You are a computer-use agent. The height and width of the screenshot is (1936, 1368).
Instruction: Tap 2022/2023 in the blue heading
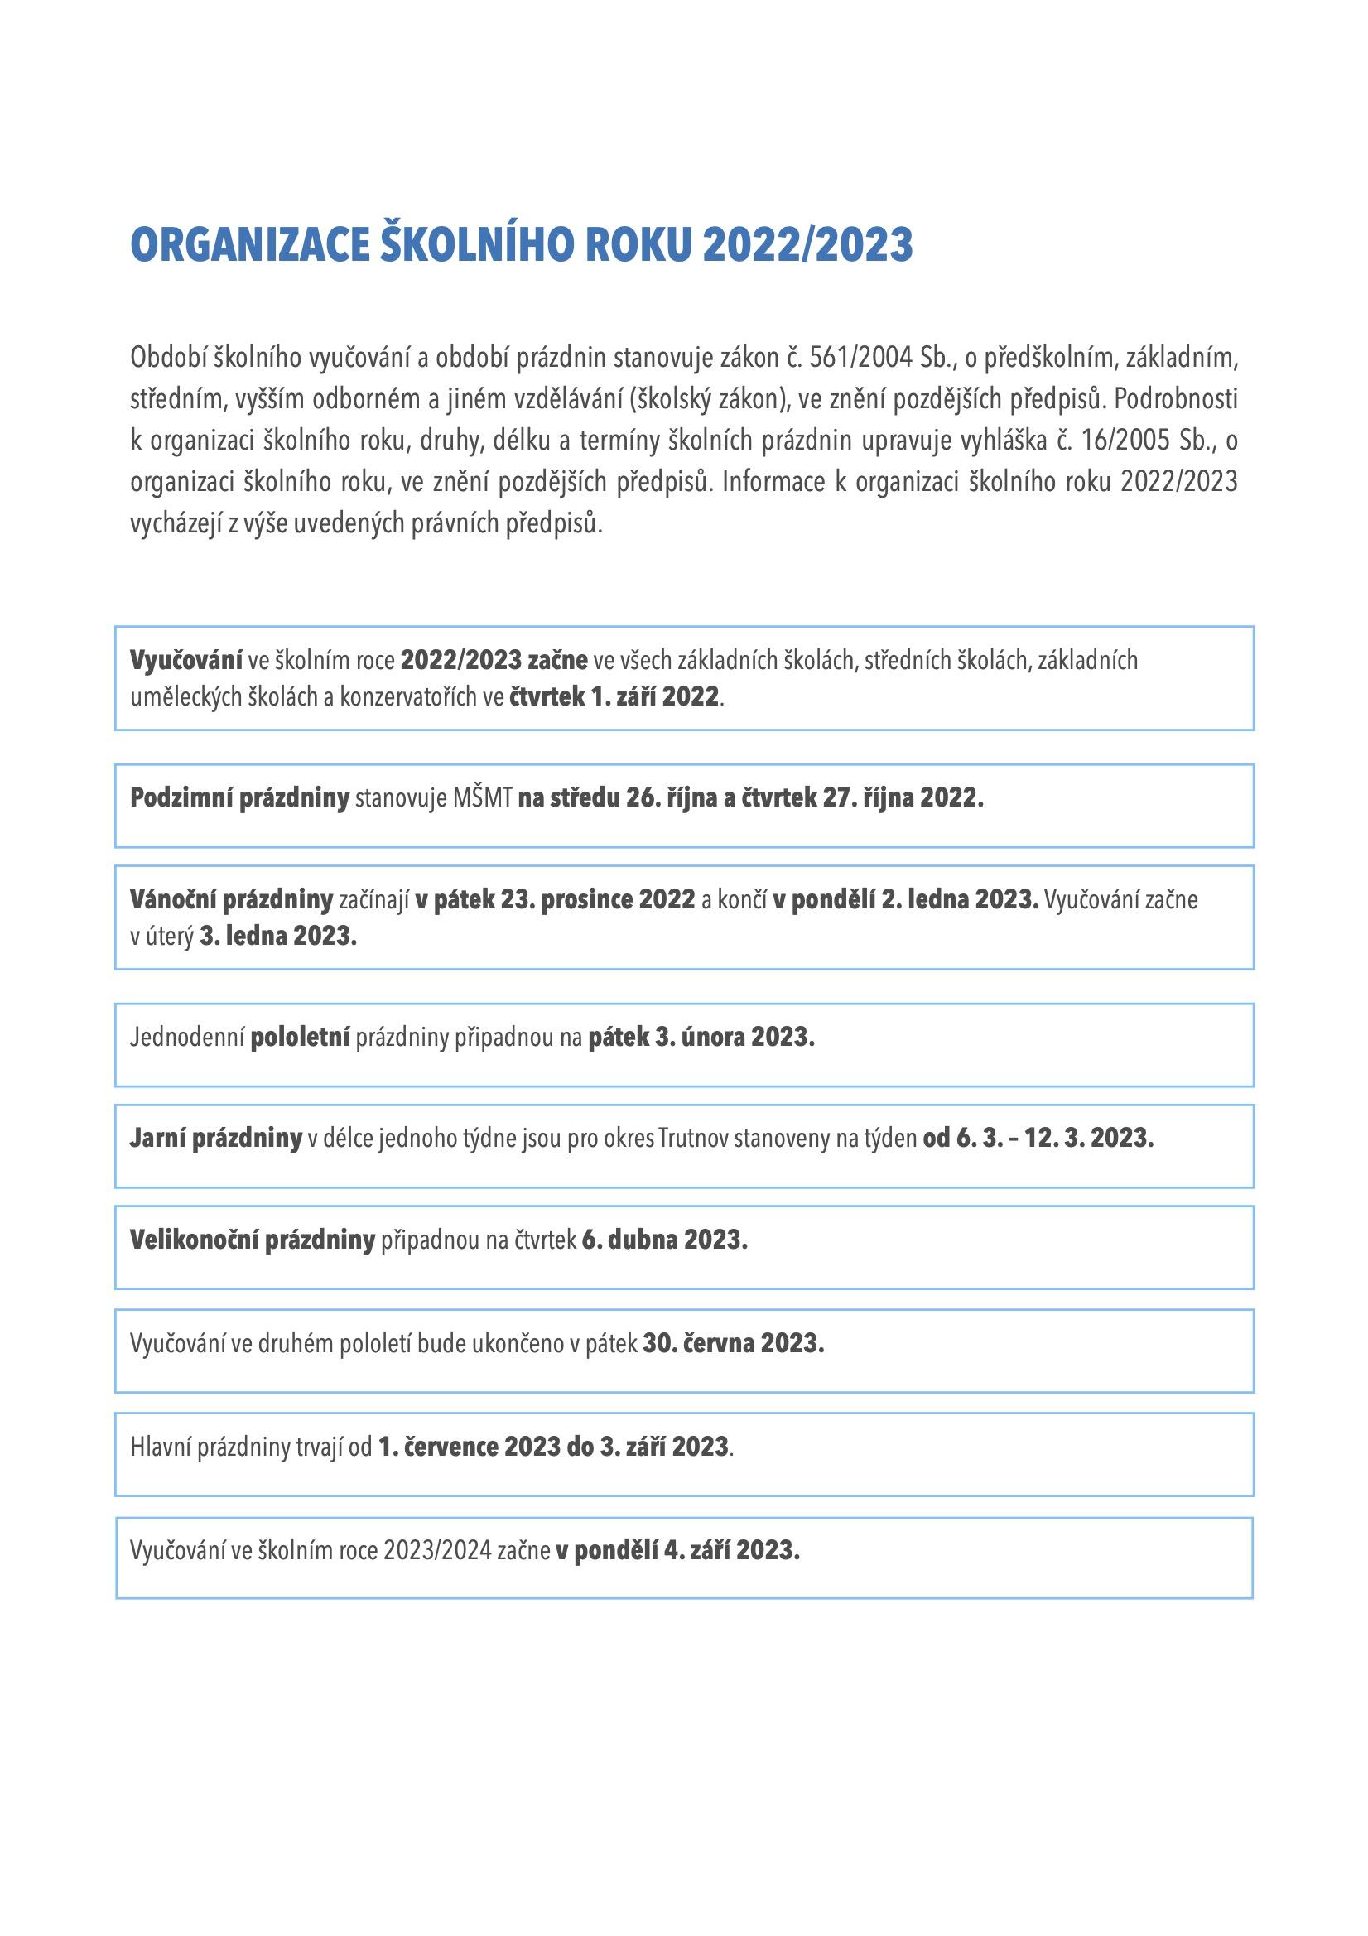tap(807, 245)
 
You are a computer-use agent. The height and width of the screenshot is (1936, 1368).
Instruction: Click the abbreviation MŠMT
tap(483, 797)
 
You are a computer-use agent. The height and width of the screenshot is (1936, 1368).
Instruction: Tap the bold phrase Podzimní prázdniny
tap(239, 797)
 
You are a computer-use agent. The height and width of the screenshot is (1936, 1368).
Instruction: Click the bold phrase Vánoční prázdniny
tap(232, 900)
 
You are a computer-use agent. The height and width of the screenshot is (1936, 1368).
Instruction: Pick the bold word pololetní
tap(301, 1036)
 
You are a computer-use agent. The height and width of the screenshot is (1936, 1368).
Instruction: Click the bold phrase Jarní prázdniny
tap(216, 1139)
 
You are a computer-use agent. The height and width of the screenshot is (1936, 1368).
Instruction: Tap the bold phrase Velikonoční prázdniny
tap(253, 1240)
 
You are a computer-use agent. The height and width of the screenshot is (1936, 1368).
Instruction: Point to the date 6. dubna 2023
tap(665, 1240)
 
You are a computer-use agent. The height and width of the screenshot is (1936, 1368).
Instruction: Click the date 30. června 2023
tap(733, 1343)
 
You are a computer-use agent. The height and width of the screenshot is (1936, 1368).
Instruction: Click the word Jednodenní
tap(187, 1036)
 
